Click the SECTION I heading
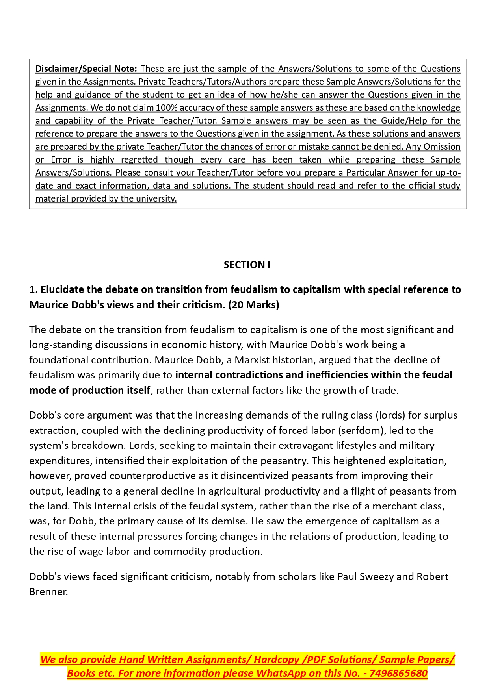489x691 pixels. click(247, 265)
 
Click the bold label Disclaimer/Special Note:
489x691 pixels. click(86, 69)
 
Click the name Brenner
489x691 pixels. click(48, 592)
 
